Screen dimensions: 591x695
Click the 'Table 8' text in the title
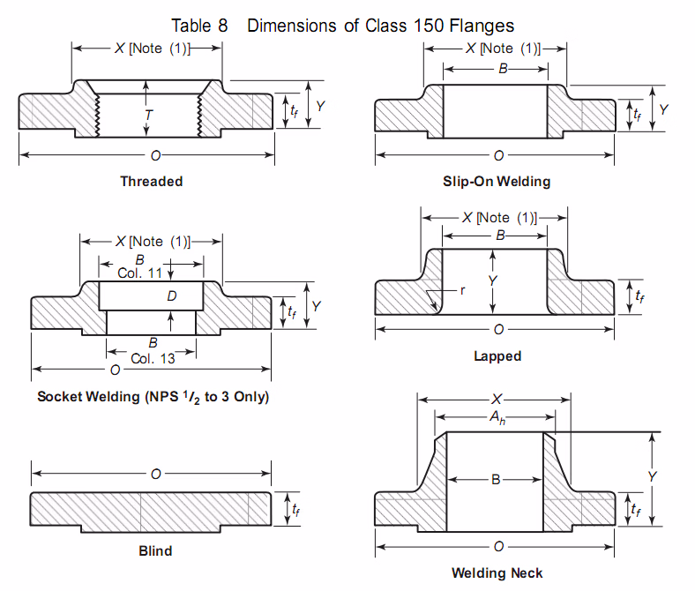tap(199, 25)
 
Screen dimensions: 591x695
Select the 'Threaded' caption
tap(152, 181)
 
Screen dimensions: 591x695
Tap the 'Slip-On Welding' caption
tap(497, 181)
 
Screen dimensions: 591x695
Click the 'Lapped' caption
tap(497, 356)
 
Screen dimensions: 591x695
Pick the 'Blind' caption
tap(155, 550)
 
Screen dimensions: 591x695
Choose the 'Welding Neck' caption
tap(497, 572)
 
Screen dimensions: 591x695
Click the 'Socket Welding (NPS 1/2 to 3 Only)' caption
tap(153, 396)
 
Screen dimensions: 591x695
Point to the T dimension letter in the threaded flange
tap(149, 115)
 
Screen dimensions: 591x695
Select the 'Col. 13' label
tap(153, 358)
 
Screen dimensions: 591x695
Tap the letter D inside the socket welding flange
tap(172, 297)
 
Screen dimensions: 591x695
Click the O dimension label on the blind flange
tap(155, 475)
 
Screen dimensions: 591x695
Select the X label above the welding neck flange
tap(497, 399)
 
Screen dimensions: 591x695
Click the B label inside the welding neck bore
tap(497, 480)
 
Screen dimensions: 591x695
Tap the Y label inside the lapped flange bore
tap(494, 280)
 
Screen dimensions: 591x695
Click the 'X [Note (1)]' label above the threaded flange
tap(152, 48)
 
